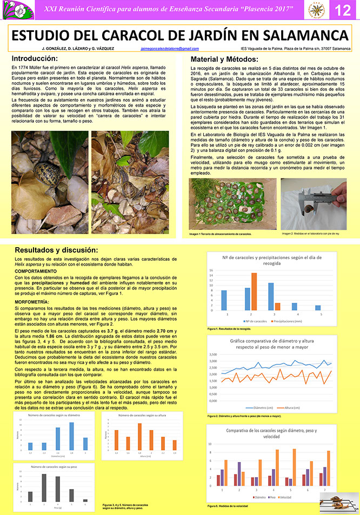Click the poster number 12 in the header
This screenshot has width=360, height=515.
pyautogui.click(x=343, y=10)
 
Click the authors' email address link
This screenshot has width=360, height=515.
pyautogui.click(x=169, y=49)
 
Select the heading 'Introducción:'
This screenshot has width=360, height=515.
pyautogui.click(x=35, y=58)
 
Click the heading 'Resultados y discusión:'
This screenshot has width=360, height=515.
pyautogui.click(x=56, y=250)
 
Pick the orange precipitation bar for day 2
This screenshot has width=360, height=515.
pyautogui.click(x=254, y=291)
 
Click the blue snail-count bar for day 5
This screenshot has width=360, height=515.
pyautogui.click(x=318, y=307)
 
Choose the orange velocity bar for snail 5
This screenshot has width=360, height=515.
pyautogui.click(x=294, y=467)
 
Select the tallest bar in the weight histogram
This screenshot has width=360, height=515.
pyautogui.click(x=44, y=487)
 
